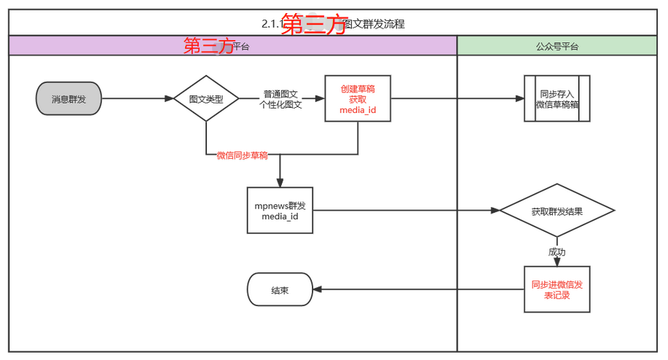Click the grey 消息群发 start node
[x=68, y=99]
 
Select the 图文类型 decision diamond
[x=206, y=98]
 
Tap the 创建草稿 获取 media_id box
[x=357, y=98]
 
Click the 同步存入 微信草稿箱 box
[x=557, y=98]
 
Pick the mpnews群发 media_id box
[x=280, y=211]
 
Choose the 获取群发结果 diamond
[x=557, y=211]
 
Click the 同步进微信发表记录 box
[x=557, y=289]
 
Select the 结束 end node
[x=280, y=289]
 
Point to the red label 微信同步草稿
[x=242, y=155]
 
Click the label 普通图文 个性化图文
[x=280, y=99]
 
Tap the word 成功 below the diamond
[x=557, y=252]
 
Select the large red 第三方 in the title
[x=313, y=24]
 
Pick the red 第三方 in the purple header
[x=208, y=47]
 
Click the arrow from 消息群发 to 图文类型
[x=138, y=98]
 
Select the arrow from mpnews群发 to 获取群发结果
[x=408, y=211]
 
